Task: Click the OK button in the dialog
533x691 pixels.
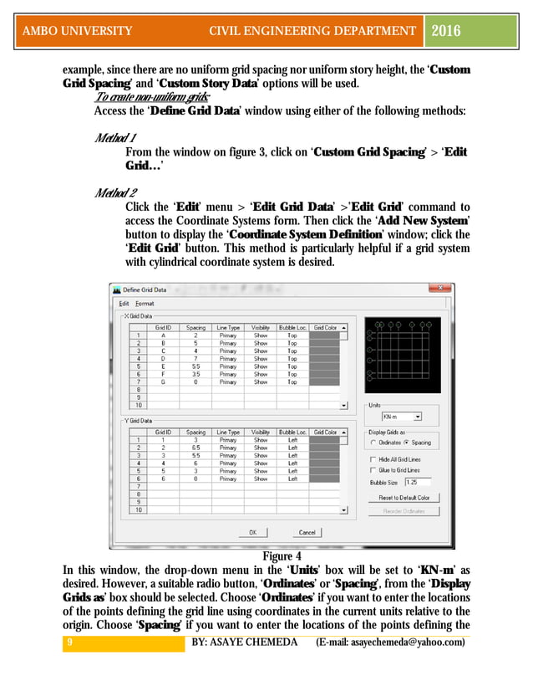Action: (x=251, y=532)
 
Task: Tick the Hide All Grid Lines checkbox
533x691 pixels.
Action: (x=373, y=459)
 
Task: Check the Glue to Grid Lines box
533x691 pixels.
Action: (x=373, y=470)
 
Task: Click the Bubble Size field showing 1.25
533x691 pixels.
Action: (x=417, y=482)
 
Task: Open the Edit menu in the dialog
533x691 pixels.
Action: (x=124, y=303)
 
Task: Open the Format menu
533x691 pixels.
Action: (x=145, y=303)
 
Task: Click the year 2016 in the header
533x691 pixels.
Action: (x=448, y=31)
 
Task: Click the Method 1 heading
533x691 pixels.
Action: (x=116, y=137)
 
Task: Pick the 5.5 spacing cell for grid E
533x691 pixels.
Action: (x=195, y=366)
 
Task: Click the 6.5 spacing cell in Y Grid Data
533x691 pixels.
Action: (x=195, y=448)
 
